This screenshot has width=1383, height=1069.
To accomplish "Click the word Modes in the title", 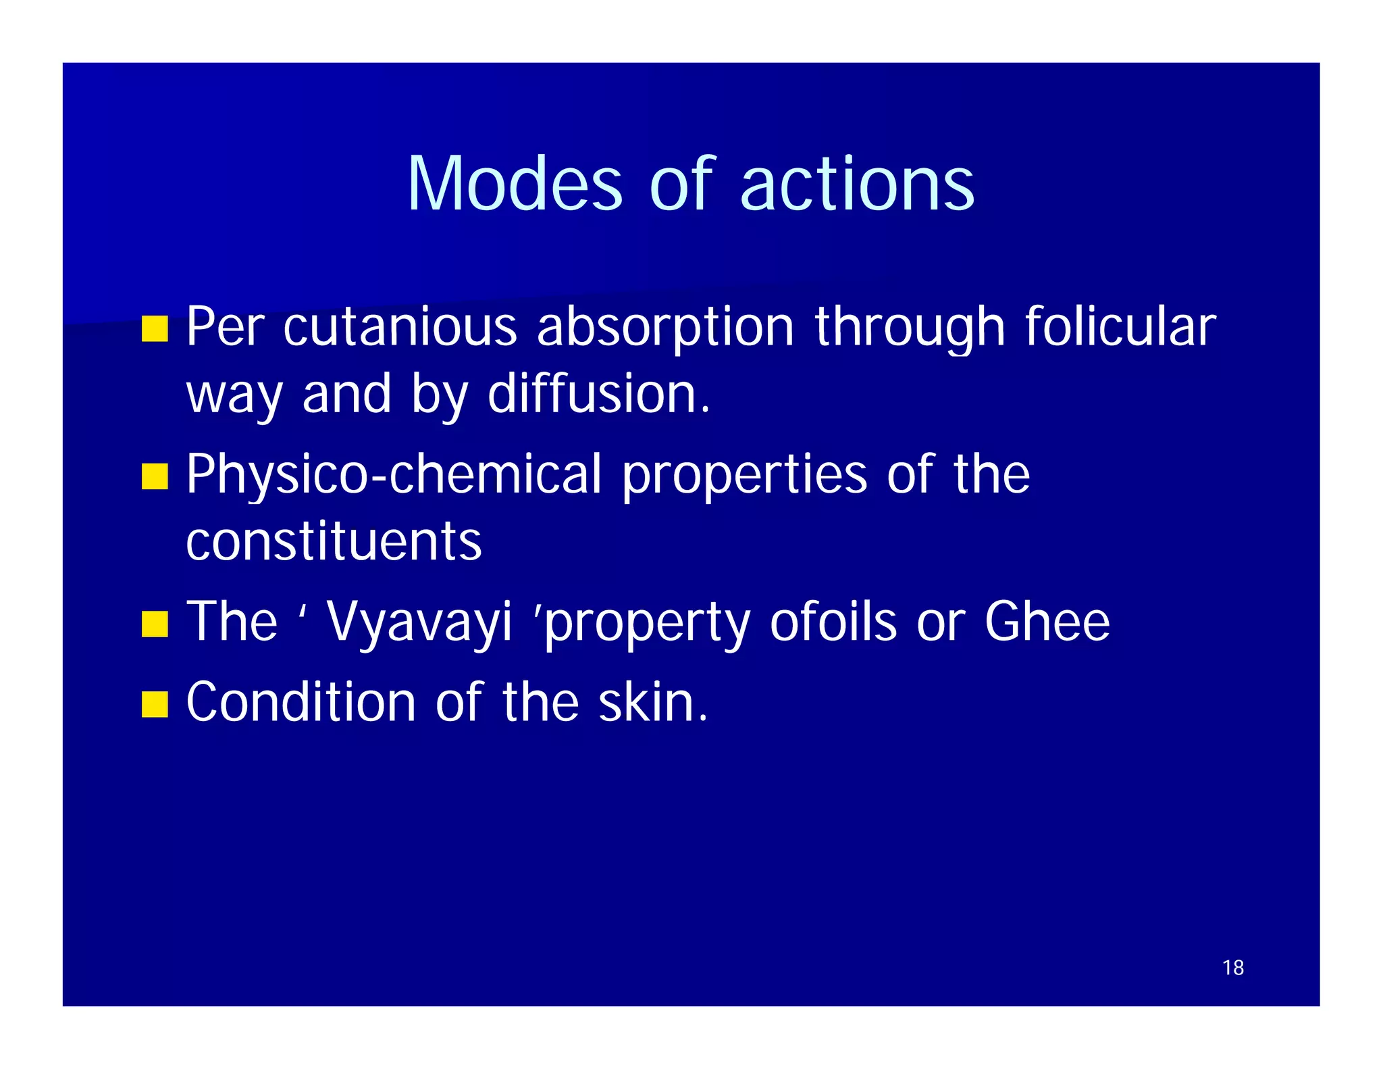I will click(x=514, y=184).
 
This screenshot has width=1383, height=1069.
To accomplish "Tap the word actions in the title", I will click(x=857, y=184).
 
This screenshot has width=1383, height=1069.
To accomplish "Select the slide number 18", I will click(x=1232, y=968).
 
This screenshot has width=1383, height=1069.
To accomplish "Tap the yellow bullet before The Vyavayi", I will click(x=155, y=624).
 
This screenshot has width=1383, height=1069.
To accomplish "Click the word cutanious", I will click(x=400, y=327).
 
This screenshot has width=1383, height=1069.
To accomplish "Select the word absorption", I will click(x=665, y=328).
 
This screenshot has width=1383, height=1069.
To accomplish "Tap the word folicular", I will click(x=1120, y=327).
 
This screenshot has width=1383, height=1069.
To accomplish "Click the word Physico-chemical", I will click(x=394, y=476).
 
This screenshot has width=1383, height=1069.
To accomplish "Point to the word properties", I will click(x=744, y=476).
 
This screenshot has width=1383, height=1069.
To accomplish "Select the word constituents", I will click(x=334, y=542).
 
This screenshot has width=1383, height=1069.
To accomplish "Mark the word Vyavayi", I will click(x=419, y=623).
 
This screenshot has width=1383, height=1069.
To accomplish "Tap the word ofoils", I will click(x=833, y=622).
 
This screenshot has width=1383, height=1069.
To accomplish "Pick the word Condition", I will click(x=301, y=703).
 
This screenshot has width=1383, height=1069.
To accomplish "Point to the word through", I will click(x=910, y=328).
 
